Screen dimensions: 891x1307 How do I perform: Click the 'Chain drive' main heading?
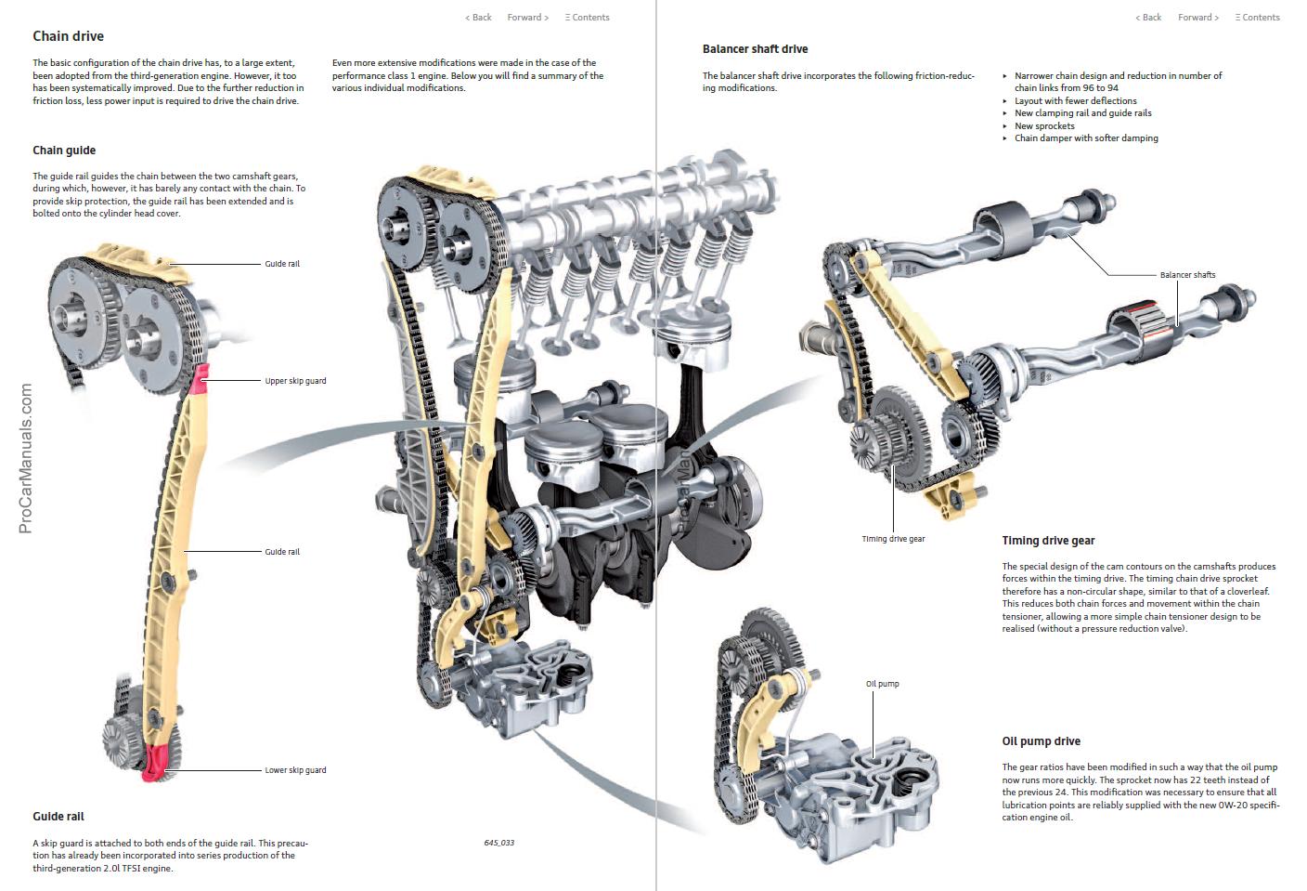tap(68, 36)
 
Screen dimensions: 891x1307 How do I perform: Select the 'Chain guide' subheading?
tap(64, 151)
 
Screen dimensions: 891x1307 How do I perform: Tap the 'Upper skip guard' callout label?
tap(295, 381)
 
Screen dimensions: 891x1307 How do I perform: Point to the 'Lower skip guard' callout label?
tap(295, 770)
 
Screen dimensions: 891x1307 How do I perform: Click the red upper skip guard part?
tap(201, 375)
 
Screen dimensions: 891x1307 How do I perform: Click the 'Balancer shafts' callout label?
tap(1187, 275)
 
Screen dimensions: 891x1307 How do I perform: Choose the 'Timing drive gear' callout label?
tap(893, 539)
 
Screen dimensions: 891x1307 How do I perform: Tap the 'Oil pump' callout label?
tap(882, 684)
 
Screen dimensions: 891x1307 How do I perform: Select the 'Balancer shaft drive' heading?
tap(755, 49)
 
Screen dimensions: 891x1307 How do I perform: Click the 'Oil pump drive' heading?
tap(1041, 741)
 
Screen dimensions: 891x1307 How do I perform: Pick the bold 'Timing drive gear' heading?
tap(1048, 541)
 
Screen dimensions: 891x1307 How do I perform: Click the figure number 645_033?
tap(498, 843)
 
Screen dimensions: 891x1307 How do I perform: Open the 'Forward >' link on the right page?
tap(1198, 18)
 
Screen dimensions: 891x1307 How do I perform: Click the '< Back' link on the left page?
tap(478, 18)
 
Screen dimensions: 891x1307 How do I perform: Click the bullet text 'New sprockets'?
tap(1044, 126)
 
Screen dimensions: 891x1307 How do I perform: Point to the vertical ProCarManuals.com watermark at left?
tap(25, 459)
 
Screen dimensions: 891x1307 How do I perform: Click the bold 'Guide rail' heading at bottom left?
tap(58, 817)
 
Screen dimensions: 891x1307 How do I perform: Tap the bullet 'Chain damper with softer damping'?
tap(1086, 138)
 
